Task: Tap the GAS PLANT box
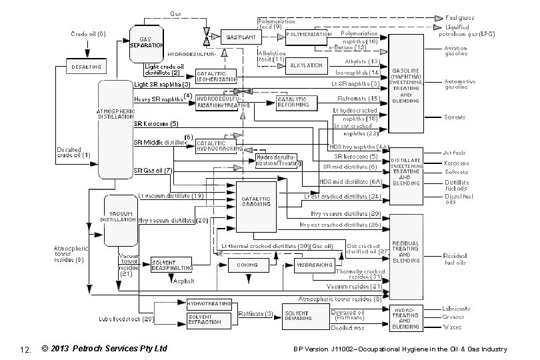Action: pyautogui.click(x=239, y=36)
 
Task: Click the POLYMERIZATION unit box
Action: pyautogui.click(x=309, y=34)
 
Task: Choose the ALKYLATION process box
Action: pyautogui.click(x=307, y=65)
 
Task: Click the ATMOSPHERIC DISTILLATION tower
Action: pyautogui.click(x=115, y=129)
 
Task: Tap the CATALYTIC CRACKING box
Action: pyautogui.click(x=256, y=201)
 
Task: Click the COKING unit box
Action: pyautogui.click(x=247, y=265)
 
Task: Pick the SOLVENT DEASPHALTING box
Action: pyautogui.click(x=172, y=265)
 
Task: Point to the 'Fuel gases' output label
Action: pyautogui.click(x=460, y=18)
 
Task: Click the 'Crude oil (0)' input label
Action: pyautogui.click(x=88, y=34)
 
